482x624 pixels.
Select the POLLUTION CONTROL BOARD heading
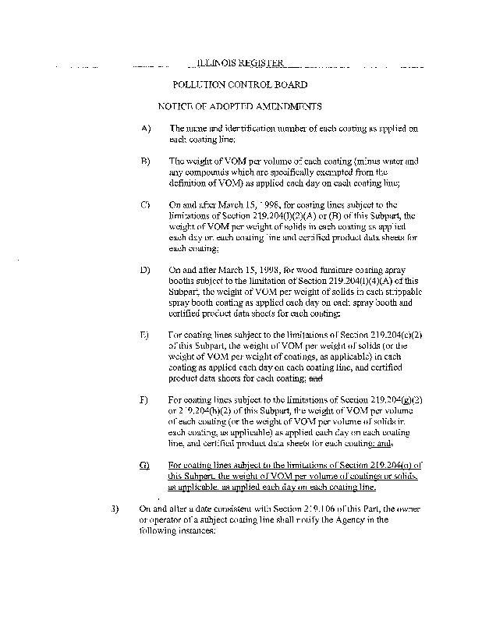click(240, 85)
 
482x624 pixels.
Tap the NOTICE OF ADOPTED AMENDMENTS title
click(240, 106)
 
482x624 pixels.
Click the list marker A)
click(145, 128)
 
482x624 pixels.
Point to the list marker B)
click(145, 161)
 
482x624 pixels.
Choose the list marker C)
click(145, 204)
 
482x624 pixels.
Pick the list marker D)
click(145, 269)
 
